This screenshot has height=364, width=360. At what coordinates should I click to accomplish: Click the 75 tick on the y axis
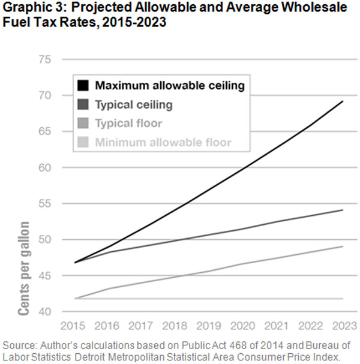(44, 59)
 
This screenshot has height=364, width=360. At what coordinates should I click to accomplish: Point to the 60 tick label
(44, 167)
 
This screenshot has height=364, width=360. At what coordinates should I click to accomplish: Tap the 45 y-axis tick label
(44, 276)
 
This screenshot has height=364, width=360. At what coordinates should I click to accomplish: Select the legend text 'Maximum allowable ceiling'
(170, 86)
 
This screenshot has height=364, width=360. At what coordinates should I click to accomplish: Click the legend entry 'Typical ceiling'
(134, 105)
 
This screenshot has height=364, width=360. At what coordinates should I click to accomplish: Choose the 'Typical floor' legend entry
(128, 124)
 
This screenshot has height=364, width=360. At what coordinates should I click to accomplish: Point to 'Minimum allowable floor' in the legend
(163, 143)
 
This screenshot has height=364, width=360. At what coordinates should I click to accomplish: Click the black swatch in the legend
(83, 86)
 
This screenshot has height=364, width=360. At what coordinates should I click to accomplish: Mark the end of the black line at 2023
(343, 101)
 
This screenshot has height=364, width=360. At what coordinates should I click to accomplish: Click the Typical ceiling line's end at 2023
(343, 210)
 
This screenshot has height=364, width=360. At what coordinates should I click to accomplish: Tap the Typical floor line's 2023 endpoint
(343, 246)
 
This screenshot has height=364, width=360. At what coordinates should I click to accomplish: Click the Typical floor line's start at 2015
(75, 299)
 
